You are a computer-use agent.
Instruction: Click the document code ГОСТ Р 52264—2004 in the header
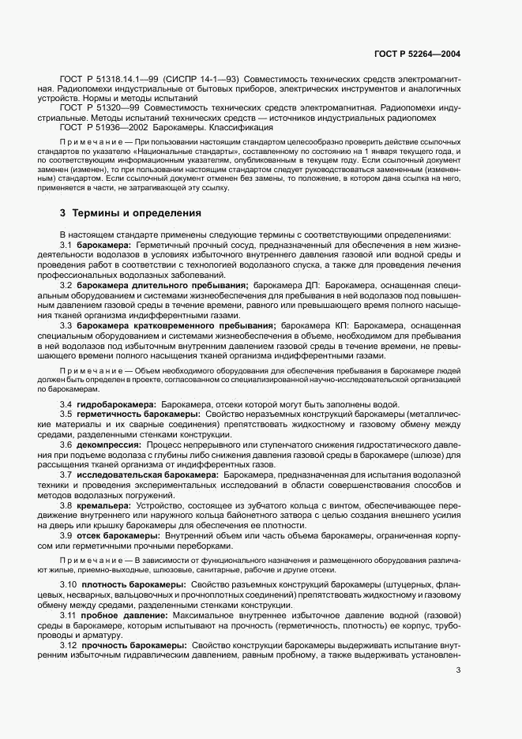click(x=416, y=54)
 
